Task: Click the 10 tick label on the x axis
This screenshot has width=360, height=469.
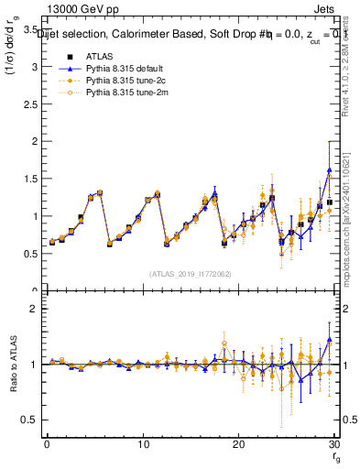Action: (x=143, y=444)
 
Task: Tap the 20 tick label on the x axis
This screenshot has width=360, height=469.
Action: (x=239, y=444)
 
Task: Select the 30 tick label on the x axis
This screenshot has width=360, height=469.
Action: (x=334, y=444)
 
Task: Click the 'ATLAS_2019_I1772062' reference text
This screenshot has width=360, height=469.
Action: (x=191, y=274)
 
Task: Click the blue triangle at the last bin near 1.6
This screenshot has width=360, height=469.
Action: (x=329, y=170)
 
